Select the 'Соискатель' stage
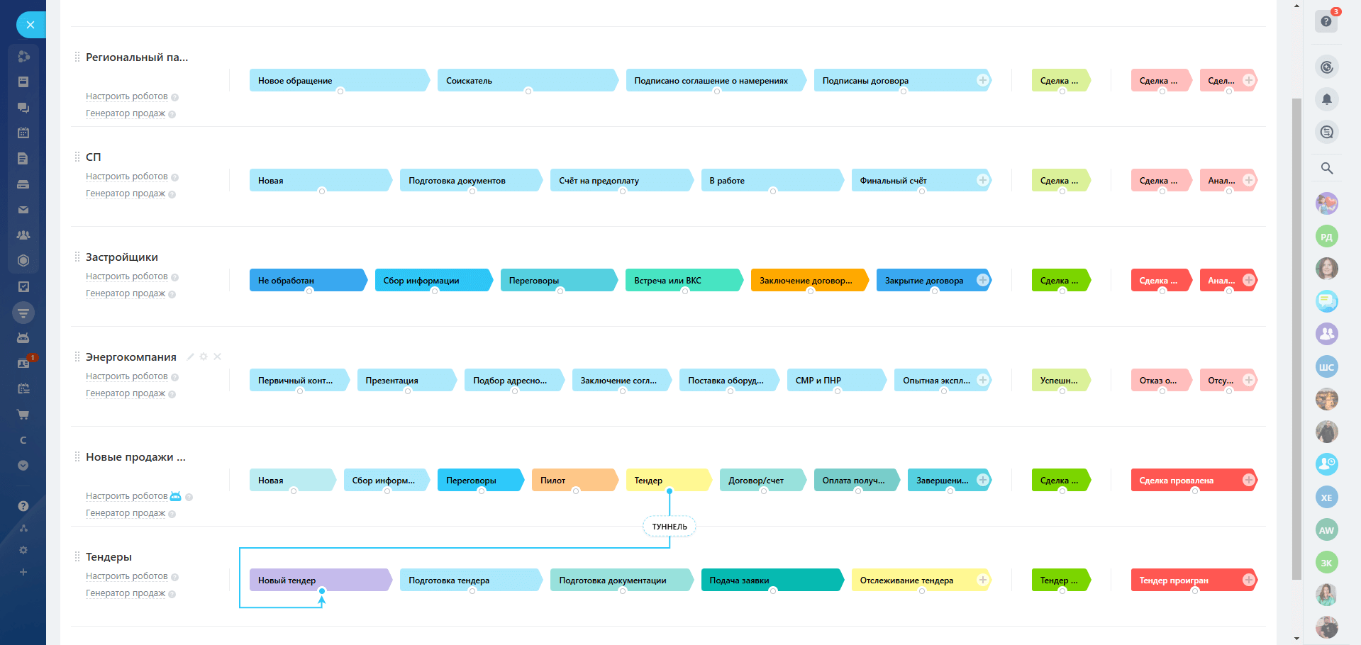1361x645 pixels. (525, 81)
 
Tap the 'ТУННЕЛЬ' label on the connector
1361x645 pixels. (670, 527)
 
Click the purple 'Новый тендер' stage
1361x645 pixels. (319, 580)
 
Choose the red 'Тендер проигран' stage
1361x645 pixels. (1184, 580)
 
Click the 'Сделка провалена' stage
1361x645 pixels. (1184, 481)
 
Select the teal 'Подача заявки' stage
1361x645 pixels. (770, 580)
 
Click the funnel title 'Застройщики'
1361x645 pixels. (122, 257)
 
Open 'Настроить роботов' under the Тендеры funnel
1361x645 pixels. (127, 576)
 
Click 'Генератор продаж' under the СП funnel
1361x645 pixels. (126, 193)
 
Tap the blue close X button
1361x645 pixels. (30, 25)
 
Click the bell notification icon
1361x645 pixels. (1326, 99)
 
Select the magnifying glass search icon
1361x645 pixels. (1326, 168)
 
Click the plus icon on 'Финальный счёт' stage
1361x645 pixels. (982, 180)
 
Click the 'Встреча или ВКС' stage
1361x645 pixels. (681, 281)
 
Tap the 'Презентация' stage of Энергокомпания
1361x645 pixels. (404, 381)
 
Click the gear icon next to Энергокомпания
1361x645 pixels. (204, 357)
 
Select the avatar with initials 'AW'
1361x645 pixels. (1326, 530)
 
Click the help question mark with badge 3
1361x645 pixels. (1326, 21)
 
